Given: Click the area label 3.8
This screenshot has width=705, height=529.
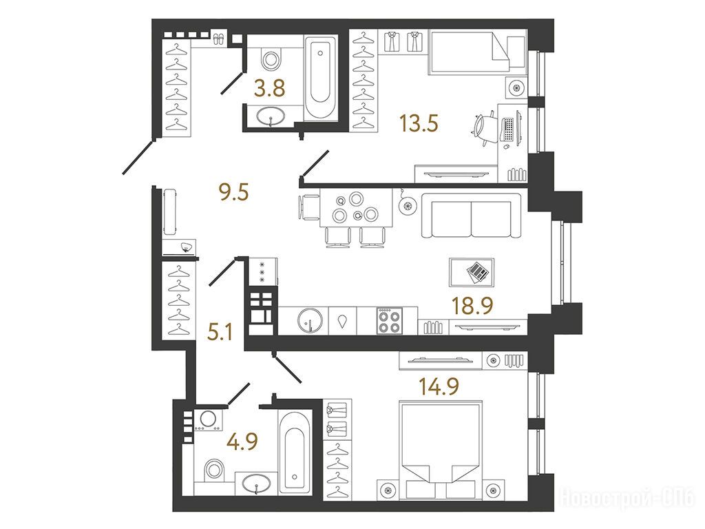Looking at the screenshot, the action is click(269, 88).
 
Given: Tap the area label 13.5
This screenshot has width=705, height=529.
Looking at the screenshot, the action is click(419, 123).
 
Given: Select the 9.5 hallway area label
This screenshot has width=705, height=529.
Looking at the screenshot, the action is click(233, 193).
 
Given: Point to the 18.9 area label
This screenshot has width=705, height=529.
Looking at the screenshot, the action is click(472, 306).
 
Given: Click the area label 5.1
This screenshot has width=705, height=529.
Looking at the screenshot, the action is click(220, 333).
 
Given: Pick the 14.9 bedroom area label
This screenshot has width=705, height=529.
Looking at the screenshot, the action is click(439, 386).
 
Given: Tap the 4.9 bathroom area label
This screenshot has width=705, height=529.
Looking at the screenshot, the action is click(242, 441).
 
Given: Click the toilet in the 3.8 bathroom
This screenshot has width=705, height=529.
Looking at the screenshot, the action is click(271, 58).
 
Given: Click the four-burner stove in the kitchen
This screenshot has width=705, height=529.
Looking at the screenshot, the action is click(390, 321).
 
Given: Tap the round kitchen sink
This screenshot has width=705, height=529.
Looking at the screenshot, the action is click(311, 321).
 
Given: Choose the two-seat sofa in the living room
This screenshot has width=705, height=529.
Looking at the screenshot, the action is click(472, 216).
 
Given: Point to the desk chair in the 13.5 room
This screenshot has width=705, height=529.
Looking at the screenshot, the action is click(485, 128).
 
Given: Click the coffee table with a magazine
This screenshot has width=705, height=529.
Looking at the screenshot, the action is click(472, 272).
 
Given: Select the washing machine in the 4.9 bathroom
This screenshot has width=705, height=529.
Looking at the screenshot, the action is click(208, 421).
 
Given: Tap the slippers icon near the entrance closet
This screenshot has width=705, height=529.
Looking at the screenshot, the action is click(220, 39).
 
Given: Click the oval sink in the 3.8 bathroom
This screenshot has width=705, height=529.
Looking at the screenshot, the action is click(271, 116).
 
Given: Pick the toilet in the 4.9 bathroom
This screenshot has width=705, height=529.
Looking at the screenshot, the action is click(214, 470).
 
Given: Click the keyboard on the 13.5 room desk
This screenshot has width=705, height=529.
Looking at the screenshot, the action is click(509, 130).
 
